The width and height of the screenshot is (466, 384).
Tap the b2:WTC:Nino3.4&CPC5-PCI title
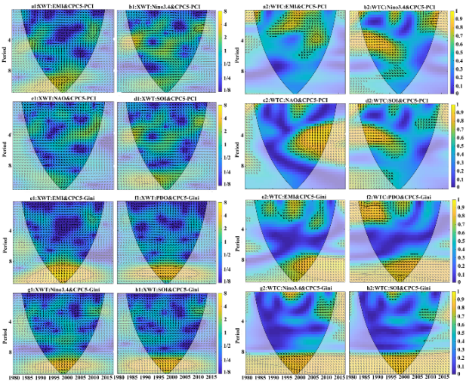[396, 5]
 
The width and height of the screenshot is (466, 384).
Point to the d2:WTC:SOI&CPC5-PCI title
[396, 100]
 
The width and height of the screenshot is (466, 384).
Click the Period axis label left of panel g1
[6, 330]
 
